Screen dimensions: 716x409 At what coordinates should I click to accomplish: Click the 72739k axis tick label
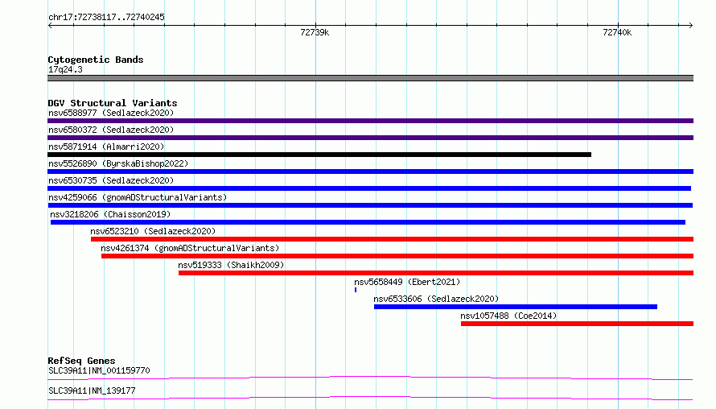tap(315, 32)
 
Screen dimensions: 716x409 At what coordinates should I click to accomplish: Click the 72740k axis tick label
tap(617, 32)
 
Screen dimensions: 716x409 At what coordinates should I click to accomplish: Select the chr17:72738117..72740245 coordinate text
tap(106, 18)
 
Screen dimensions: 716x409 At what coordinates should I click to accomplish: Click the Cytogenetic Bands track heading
tap(96, 60)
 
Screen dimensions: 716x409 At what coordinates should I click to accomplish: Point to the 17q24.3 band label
tap(65, 69)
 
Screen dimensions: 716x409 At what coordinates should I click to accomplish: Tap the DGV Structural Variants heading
tap(113, 103)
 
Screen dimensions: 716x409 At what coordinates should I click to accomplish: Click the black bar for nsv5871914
tap(319, 155)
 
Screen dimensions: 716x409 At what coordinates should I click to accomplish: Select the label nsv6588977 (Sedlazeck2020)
tap(111, 113)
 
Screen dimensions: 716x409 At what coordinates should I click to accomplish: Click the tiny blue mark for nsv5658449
tap(356, 290)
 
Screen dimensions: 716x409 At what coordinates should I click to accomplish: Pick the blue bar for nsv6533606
tap(516, 307)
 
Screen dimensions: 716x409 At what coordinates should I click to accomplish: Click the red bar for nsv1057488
tap(577, 324)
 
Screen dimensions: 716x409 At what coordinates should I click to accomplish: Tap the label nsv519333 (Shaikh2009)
tap(231, 265)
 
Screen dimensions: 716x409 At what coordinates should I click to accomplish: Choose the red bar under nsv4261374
tap(397, 256)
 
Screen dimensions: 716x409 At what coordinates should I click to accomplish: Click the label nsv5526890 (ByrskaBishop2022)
tap(118, 163)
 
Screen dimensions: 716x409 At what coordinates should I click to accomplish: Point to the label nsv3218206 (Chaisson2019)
tap(110, 214)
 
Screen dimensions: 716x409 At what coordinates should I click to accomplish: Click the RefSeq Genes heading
tap(81, 361)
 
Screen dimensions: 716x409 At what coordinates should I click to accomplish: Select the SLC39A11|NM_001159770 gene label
tap(99, 370)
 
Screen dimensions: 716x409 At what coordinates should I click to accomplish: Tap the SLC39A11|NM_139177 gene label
tap(92, 390)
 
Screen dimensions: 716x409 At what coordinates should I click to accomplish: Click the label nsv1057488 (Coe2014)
tap(508, 316)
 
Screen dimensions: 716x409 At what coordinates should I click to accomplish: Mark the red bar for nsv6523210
tap(393, 239)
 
